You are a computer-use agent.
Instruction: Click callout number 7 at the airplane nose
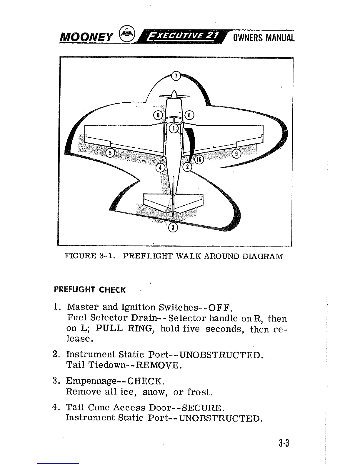click(x=176, y=76)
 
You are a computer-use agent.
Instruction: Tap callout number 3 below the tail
click(x=173, y=227)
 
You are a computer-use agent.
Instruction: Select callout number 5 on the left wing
click(x=110, y=153)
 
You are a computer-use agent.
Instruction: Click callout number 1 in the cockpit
click(x=174, y=128)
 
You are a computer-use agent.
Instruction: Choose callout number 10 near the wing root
click(x=199, y=159)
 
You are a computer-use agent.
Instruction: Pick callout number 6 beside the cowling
click(x=158, y=115)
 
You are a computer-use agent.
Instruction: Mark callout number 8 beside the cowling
click(x=190, y=115)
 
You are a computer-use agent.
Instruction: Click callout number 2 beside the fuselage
click(x=187, y=167)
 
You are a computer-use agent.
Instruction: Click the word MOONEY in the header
click(x=86, y=38)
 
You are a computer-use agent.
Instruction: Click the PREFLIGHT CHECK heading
click(x=90, y=289)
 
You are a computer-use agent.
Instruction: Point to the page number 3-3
click(x=284, y=443)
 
